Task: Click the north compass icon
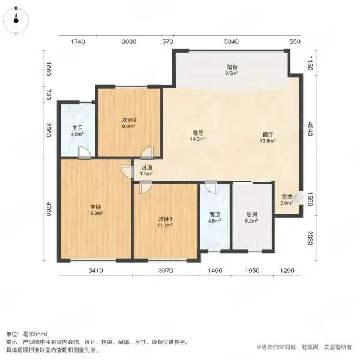[x=16, y=20]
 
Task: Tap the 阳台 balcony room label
[x=232, y=67]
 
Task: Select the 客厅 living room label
[x=198, y=133]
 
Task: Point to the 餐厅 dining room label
[x=268, y=134]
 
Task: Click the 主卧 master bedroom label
[x=95, y=207]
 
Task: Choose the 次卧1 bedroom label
[x=165, y=219]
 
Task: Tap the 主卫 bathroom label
[x=77, y=128]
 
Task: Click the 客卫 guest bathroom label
[x=215, y=215]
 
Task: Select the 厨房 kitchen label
[x=251, y=215]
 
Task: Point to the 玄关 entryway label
[x=287, y=197]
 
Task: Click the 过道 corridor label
[x=146, y=168]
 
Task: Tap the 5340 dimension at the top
[x=231, y=41]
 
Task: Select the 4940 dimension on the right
[x=310, y=128]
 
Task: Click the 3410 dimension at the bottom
[x=95, y=271]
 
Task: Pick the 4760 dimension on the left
[x=49, y=209]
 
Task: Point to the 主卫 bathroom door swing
[x=84, y=152]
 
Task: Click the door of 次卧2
[x=147, y=152]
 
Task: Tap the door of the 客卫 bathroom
[x=211, y=187]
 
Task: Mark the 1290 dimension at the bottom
[x=287, y=271]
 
